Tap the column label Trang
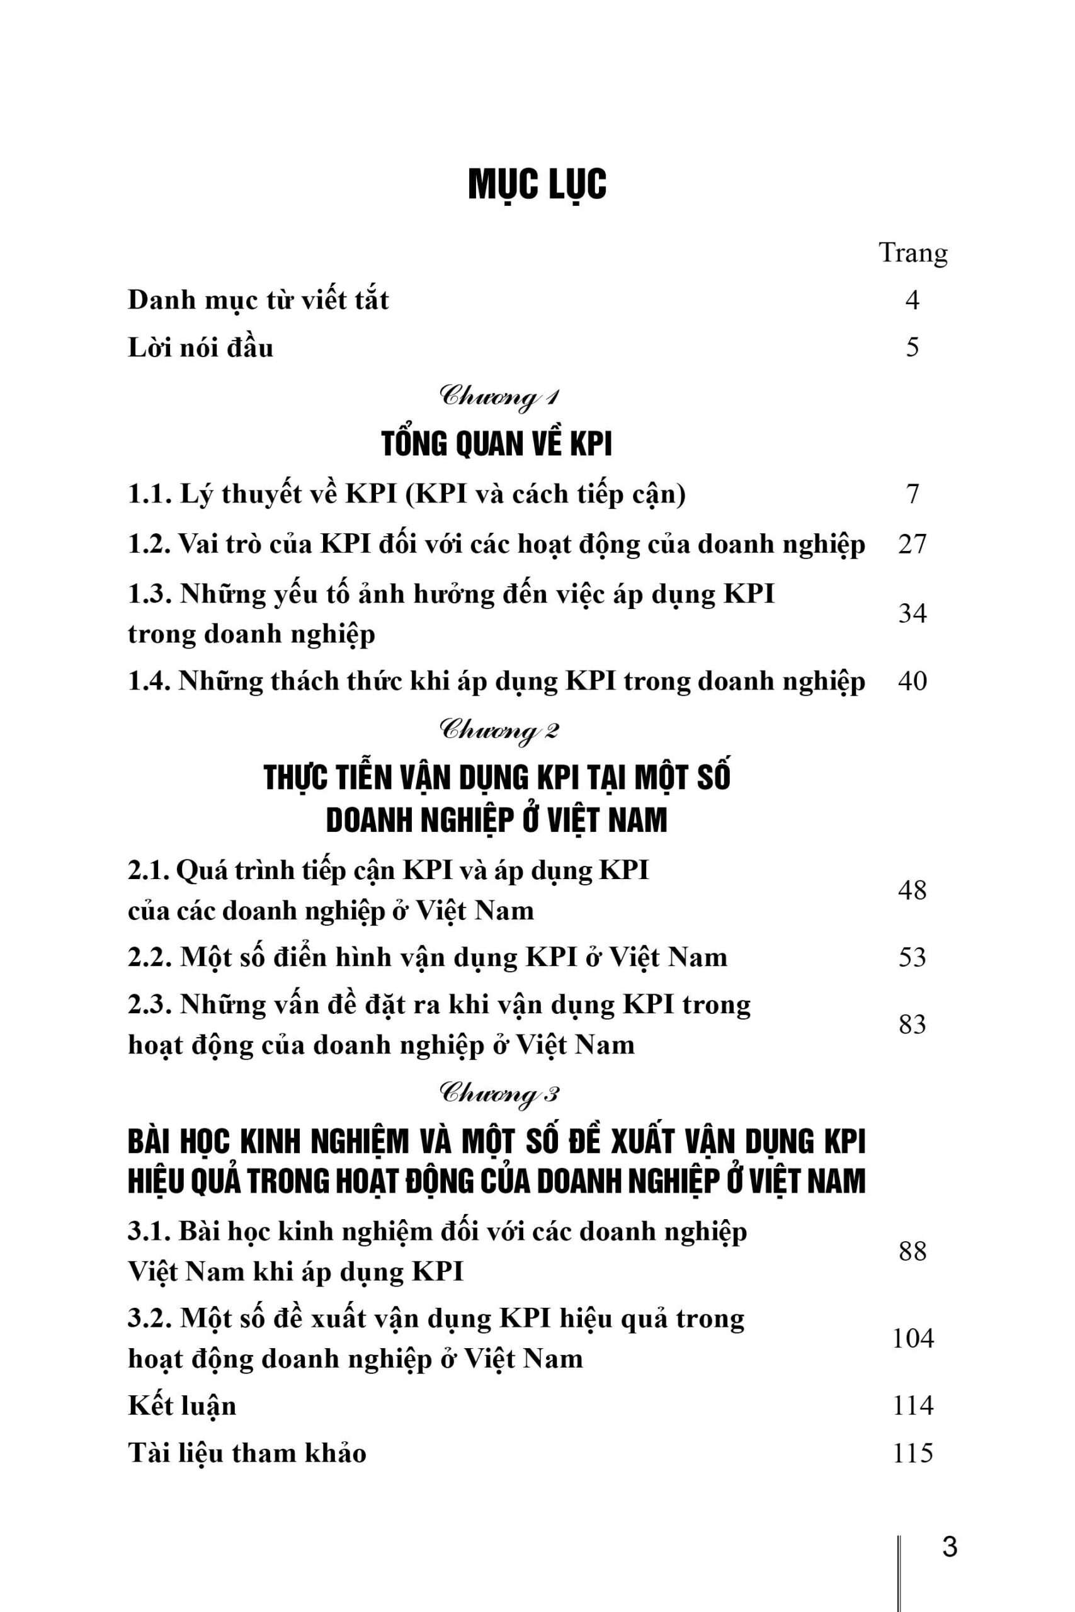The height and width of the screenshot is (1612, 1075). point(913,253)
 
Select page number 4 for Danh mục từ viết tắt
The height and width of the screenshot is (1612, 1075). point(912,300)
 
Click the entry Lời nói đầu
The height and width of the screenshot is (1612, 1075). point(200,348)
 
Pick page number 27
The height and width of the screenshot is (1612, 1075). point(912,544)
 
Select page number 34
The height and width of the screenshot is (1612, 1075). point(912,613)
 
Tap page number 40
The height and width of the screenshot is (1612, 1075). point(912,681)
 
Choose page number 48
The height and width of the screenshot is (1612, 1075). point(912,890)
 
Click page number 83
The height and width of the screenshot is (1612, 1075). point(912,1025)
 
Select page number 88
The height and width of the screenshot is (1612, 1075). point(912,1251)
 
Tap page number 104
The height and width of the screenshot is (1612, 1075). point(913,1339)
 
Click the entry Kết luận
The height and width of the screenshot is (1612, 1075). point(181,1405)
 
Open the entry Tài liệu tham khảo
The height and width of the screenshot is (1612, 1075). point(247,1453)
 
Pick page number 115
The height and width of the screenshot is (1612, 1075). point(913,1453)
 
